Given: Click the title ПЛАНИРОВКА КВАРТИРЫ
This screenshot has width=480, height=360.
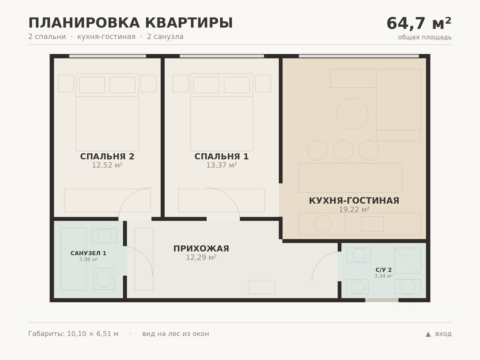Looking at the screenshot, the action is (130, 23).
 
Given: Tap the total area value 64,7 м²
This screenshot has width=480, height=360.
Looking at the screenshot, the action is (419, 23).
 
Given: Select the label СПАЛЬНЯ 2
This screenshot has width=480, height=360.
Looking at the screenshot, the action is (107, 156).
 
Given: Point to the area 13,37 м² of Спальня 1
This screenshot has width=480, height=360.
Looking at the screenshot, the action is (222, 165).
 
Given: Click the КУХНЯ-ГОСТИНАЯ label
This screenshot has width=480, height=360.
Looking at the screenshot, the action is (354, 201).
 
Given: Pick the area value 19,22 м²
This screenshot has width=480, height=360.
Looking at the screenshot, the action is (354, 210).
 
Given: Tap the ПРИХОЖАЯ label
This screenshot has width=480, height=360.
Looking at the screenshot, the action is (201, 249).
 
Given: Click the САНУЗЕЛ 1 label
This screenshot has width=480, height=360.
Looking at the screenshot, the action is (88, 253).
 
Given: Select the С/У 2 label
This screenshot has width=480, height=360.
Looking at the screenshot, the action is (384, 270).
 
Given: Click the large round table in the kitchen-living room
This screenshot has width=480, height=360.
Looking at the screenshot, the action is (352, 114).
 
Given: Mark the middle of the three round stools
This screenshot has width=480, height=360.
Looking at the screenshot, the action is (343, 150).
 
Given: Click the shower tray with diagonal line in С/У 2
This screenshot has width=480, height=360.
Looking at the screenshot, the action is (407, 261).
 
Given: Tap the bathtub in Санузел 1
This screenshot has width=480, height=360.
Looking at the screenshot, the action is (73, 259).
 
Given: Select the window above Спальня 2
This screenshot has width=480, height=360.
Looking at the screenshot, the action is (108, 56).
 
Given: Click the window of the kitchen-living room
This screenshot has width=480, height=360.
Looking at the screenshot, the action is (359, 56).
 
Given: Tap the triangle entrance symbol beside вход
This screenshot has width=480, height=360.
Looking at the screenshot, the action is (428, 334).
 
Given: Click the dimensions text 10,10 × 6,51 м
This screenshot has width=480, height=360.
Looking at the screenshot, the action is (93, 334).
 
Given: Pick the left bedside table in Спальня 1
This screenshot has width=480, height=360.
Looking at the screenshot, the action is (180, 84).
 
